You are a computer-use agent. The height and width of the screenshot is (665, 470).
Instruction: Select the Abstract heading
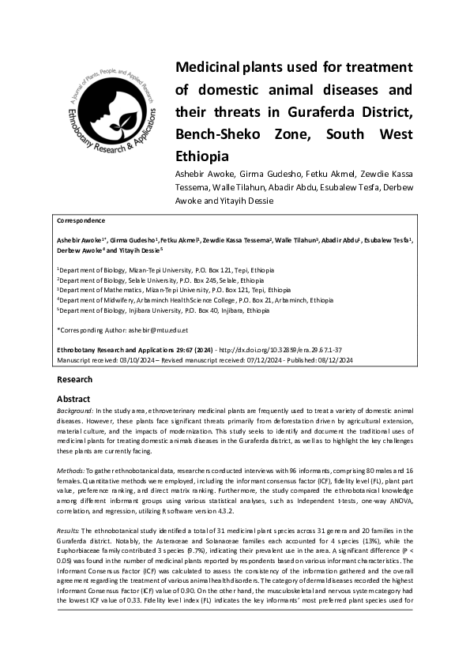[73, 399]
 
